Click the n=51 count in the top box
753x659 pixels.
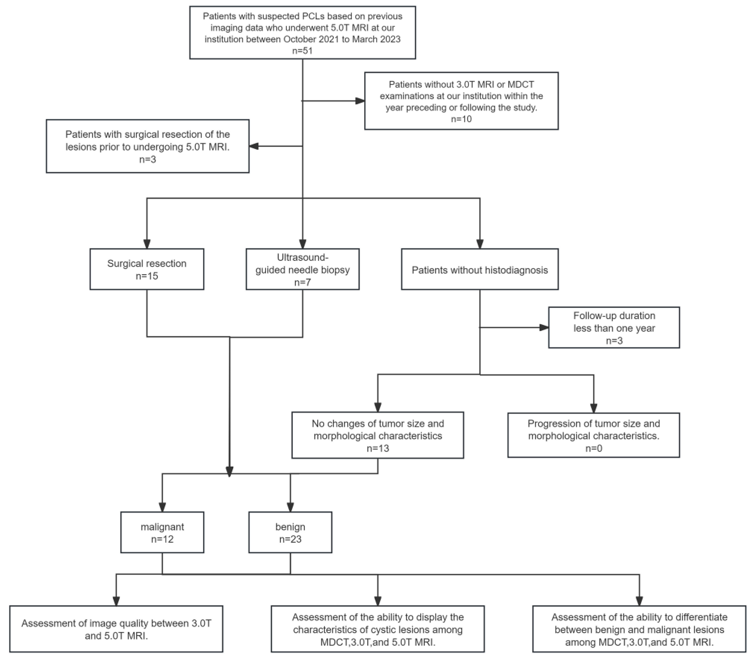click(x=302, y=51)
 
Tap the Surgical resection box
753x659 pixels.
click(x=147, y=269)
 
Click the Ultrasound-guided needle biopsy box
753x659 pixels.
click(x=302, y=269)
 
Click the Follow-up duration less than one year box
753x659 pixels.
click(x=614, y=328)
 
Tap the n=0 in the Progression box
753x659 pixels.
click(x=593, y=448)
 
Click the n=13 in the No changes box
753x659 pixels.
click(x=377, y=448)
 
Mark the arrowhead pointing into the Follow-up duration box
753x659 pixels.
click(x=544, y=327)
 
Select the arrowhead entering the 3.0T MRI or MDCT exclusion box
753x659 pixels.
click(x=360, y=101)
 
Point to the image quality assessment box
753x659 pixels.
click(x=116, y=629)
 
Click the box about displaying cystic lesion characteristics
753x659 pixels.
click(x=377, y=629)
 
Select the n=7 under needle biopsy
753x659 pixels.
click(x=302, y=282)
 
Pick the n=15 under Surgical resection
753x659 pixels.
click(x=147, y=276)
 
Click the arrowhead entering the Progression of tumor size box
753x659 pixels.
click(x=593, y=408)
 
